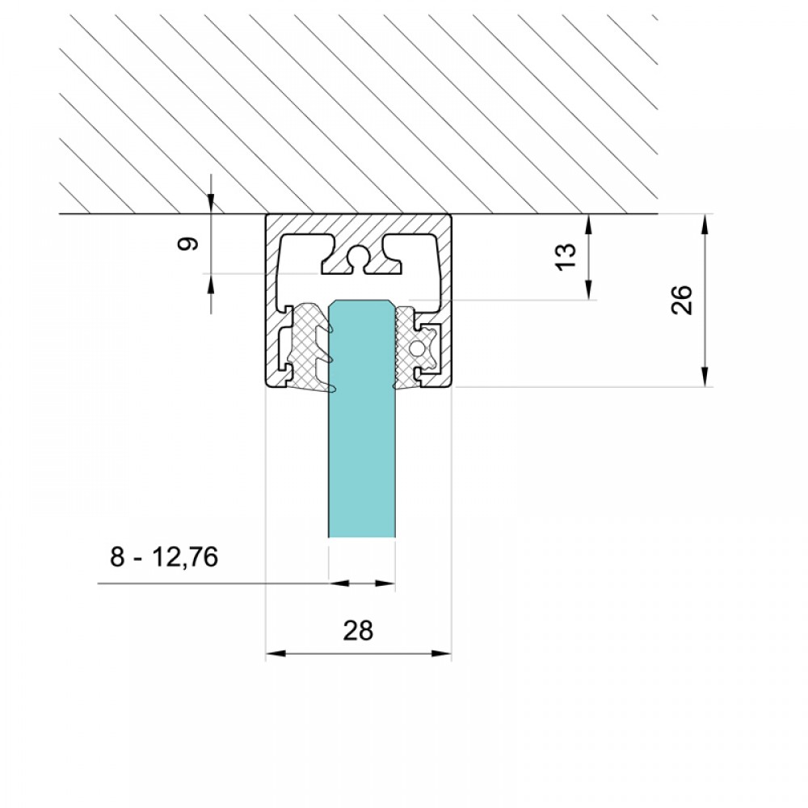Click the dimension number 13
(566, 256)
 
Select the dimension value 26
(682, 299)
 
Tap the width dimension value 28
(358, 629)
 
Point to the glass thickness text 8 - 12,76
(164, 557)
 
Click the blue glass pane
(362, 419)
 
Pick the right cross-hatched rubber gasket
(412, 347)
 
